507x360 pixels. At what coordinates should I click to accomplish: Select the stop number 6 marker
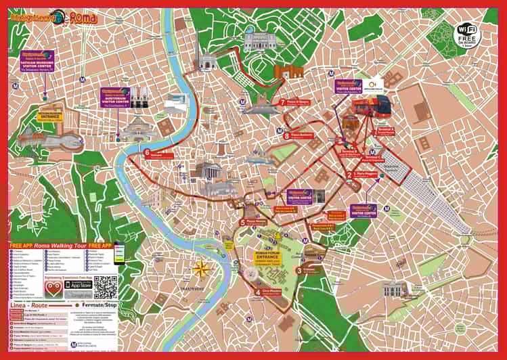147,153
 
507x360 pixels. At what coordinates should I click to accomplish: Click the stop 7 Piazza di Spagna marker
282,103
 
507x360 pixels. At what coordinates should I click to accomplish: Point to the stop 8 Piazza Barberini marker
288,136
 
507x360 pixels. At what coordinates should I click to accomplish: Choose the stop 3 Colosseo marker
299,271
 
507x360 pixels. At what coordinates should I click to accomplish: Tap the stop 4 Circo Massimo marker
257,292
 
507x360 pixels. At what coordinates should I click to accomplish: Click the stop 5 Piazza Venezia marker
243,222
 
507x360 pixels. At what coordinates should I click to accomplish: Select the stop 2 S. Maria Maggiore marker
349,174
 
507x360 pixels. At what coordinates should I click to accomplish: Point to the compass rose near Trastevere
201,269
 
